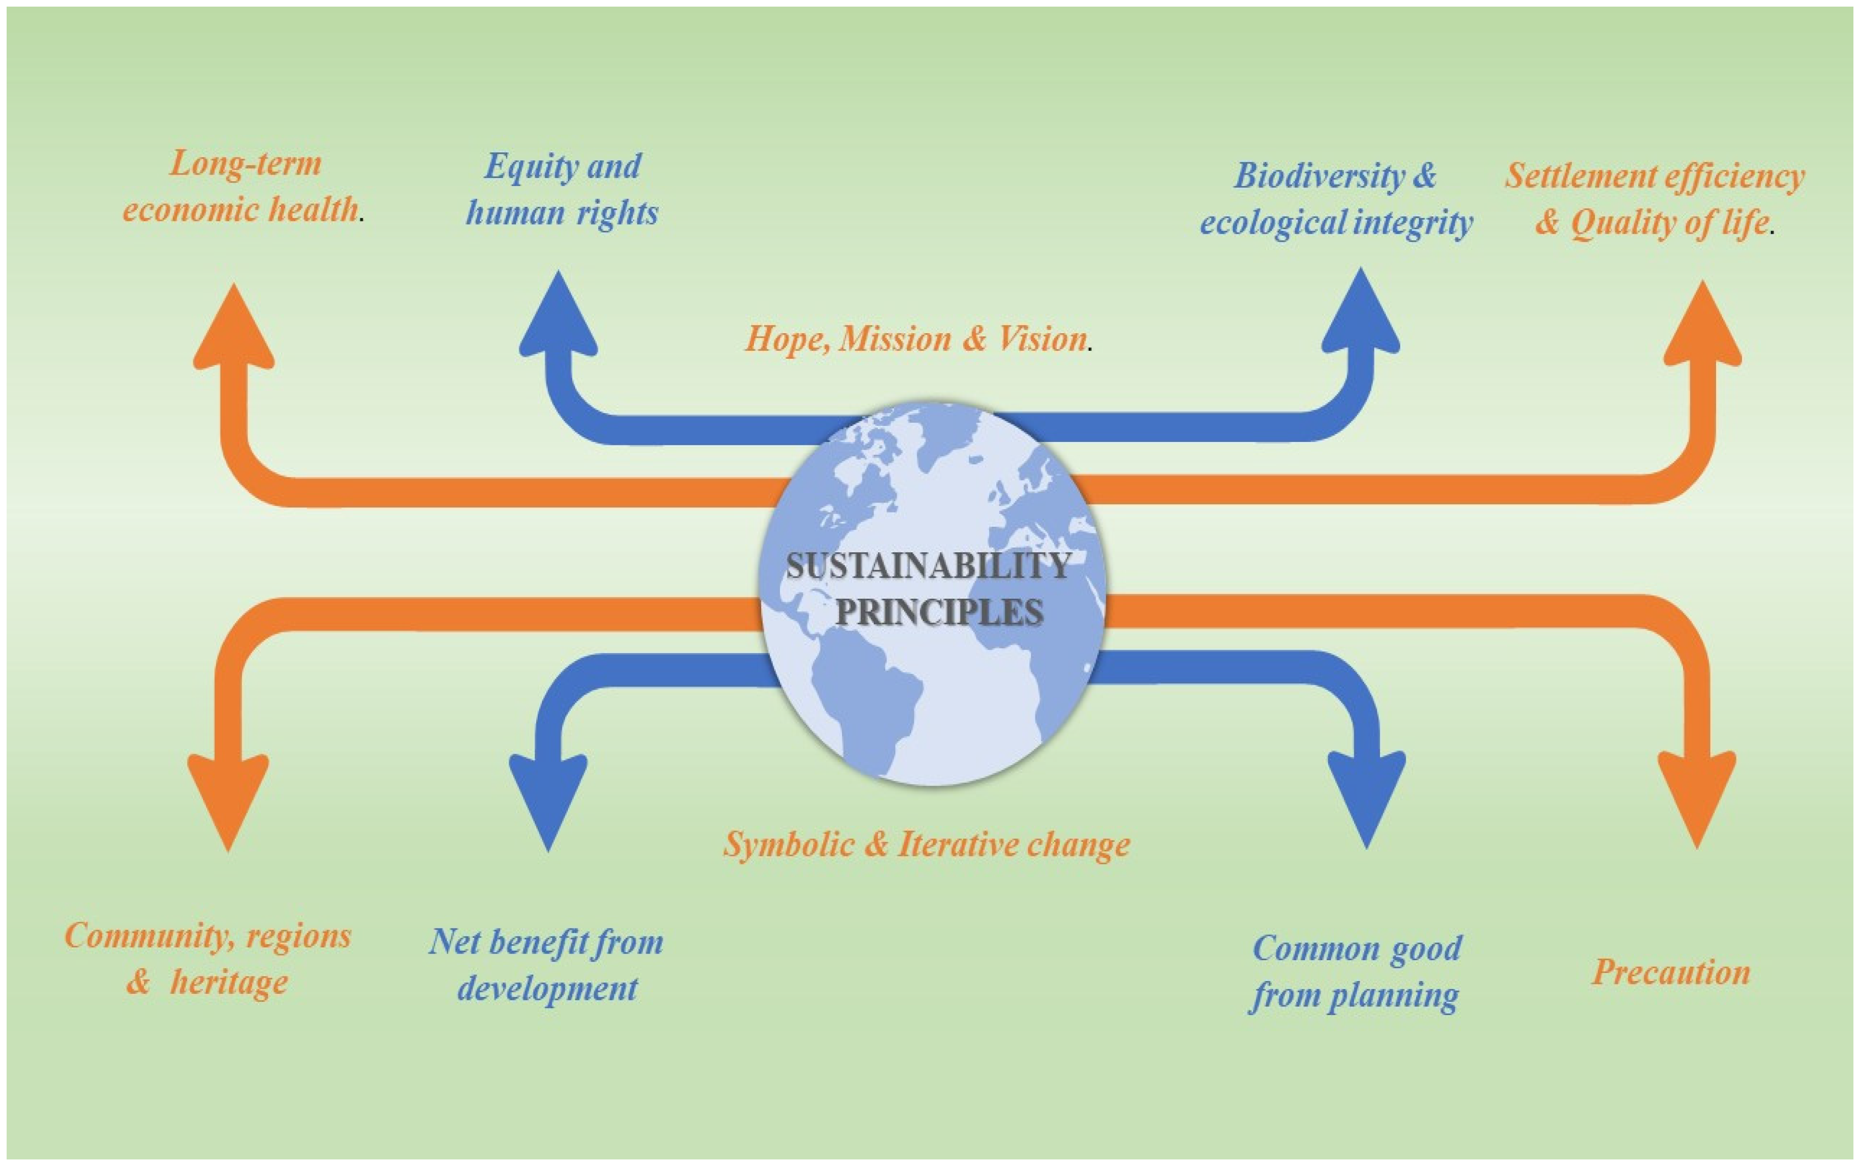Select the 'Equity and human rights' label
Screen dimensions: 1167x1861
[562, 189]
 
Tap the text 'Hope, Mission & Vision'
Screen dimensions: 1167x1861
[916, 339]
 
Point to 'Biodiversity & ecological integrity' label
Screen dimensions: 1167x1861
[1336, 199]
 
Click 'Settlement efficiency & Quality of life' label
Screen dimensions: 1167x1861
[1654, 199]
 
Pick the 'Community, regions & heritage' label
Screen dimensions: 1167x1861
[208, 959]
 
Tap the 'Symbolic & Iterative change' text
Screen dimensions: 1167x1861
[926, 844]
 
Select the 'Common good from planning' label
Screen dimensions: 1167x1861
[1356, 971]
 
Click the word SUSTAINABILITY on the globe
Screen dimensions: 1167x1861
[929, 566]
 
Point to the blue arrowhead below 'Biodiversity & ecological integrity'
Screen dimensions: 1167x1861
[1361, 315]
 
